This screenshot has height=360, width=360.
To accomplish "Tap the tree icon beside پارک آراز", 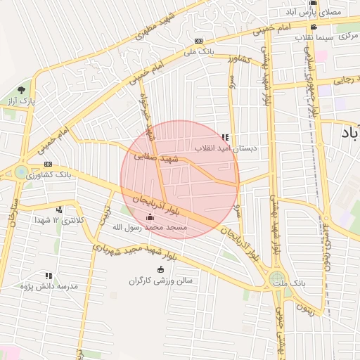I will pyautogui.click(x=21, y=90).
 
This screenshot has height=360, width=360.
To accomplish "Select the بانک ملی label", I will pyautogui.click(x=199, y=52).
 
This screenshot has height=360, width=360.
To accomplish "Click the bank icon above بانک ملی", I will pyautogui.click(x=199, y=41).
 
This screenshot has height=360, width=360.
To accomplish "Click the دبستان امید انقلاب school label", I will pyautogui.click(x=226, y=149).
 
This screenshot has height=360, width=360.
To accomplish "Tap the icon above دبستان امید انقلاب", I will pyautogui.click(x=225, y=137).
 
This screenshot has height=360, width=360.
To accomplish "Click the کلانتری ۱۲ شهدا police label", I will pyautogui.click(x=59, y=221).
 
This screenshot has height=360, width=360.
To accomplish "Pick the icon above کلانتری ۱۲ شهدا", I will pyautogui.click(x=59, y=209).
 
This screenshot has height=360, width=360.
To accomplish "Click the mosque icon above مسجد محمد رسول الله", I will pyautogui.click(x=149, y=216).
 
